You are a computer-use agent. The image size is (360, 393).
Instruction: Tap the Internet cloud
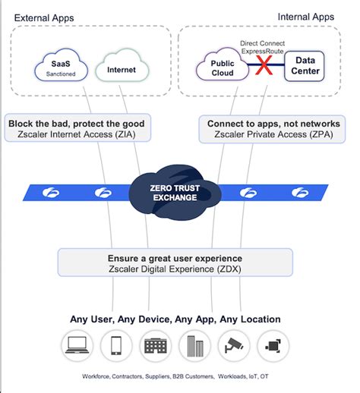click(x=122, y=70)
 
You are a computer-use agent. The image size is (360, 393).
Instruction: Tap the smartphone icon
click(x=115, y=347)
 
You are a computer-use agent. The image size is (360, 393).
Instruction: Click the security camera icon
click(x=232, y=347)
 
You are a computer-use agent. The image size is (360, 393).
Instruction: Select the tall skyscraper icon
click(x=193, y=347)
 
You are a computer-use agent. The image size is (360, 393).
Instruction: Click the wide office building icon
click(x=154, y=347)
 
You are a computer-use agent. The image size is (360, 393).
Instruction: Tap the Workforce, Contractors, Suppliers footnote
click(x=174, y=376)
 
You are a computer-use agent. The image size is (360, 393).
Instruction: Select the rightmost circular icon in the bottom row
click(x=271, y=347)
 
